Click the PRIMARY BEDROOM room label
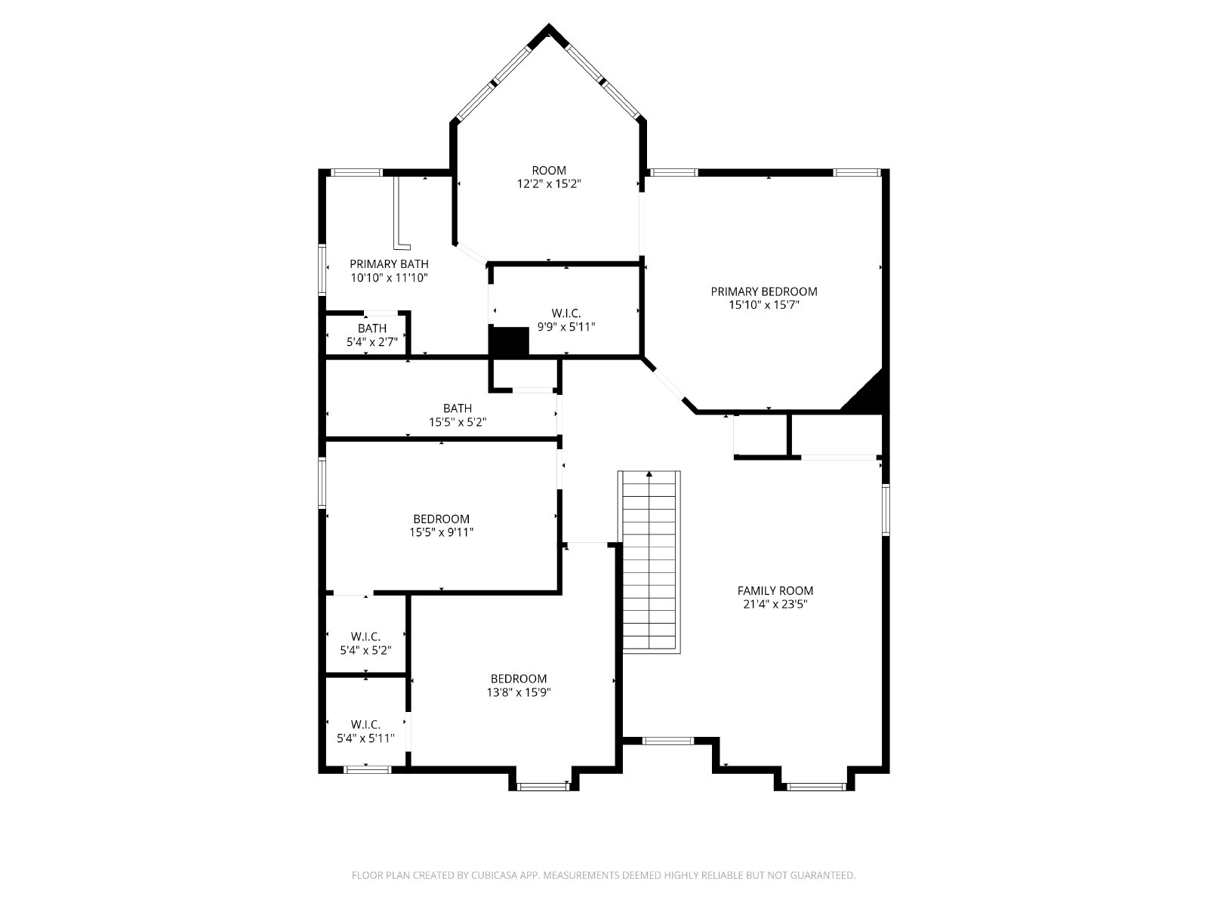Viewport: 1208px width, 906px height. coord(764,291)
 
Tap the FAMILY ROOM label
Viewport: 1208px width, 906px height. coord(775,591)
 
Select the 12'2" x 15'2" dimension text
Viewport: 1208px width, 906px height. coord(549,183)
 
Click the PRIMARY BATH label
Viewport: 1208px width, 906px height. coord(389,264)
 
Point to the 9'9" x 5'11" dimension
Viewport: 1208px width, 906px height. coord(566,327)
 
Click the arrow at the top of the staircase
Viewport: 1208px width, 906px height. coord(649,473)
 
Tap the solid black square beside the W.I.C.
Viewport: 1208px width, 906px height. coord(510,341)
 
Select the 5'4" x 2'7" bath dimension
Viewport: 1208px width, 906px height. coord(372,342)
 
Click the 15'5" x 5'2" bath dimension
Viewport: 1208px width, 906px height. coord(458,422)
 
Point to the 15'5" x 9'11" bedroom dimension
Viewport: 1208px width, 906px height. coord(442,532)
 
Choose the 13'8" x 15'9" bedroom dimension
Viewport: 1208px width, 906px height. coord(519,692)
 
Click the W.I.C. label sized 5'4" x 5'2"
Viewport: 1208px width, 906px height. coord(365,636)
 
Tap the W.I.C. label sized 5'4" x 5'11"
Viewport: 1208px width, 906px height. coord(365,725)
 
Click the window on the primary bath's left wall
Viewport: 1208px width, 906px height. coord(322,270)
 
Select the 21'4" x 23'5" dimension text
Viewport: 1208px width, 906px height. coord(775,604)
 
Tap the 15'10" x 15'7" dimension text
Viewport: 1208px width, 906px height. coord(764,305)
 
